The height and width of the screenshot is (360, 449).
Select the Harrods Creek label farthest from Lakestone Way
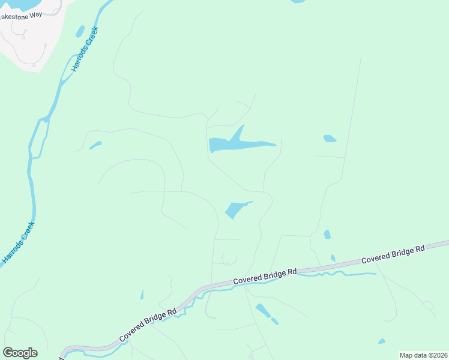point(19,242)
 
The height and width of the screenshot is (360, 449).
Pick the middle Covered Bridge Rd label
point(265,276)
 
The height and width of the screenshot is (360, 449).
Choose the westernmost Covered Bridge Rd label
point(148,325)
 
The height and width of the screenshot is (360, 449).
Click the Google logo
point(20,353)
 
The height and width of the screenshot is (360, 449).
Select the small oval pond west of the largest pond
point(95,145)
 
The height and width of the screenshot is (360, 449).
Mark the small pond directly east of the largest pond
point(329,139)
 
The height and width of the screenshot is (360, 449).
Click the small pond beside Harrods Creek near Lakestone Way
point(80,31)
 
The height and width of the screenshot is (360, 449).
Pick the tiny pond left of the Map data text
point(382,341)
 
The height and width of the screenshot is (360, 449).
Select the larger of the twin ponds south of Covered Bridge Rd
point(262,310)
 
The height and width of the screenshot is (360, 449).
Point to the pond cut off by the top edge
point(298,1)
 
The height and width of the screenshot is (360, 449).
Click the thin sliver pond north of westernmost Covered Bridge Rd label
point(142,294)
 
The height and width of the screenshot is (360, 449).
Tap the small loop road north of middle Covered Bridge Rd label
point(229,259)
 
